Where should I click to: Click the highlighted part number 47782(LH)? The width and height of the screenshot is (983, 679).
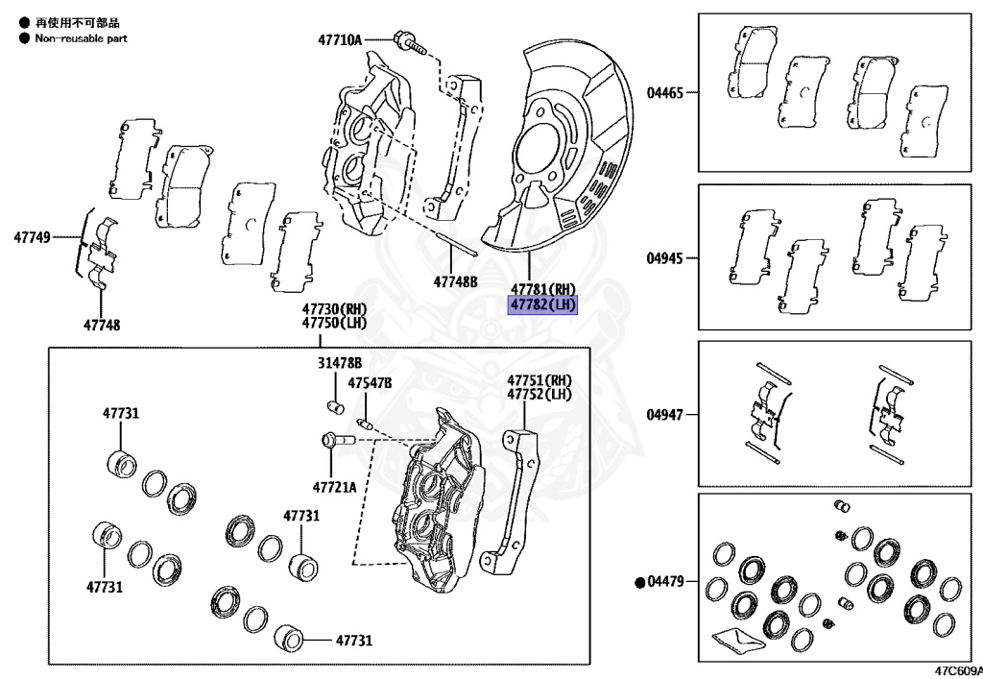(x=542, y=305)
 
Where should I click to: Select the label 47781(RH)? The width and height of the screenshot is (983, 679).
(x=542, y=289)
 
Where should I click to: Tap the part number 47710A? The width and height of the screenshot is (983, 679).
(x=340, y=39)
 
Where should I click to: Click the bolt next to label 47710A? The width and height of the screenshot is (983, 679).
(x=407, y=41)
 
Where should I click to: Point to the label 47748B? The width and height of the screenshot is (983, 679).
(x=455, y=281)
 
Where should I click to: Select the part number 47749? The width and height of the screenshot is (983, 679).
(x=32, y=235)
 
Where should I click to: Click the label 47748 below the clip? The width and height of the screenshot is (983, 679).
(x=101, y=325)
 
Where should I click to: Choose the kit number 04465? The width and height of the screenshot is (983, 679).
(x=665, y=93)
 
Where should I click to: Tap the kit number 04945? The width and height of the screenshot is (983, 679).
(x=665, y=258)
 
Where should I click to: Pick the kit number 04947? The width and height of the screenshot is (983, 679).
(x=665, y=415)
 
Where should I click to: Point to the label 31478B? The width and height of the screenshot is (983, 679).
(x=340, y=363)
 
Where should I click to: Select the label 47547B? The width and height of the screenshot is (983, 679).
(x=370, y=382)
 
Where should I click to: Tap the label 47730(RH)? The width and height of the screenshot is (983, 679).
(x=335, y=309)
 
